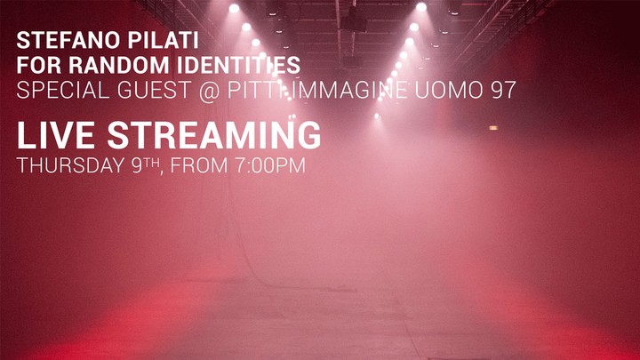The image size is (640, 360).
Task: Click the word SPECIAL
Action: click(63, 90)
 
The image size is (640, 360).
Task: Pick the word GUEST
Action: click(155, 90)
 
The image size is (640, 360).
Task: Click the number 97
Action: click(504, 90)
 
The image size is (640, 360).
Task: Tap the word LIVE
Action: click(56, 135)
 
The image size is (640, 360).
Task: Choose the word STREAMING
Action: click(214, 135)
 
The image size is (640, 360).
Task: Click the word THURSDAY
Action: click(71, 165)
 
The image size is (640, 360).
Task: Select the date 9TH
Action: click(146, 165)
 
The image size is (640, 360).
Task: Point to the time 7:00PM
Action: click(270, 165)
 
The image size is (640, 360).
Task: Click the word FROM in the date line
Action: click(199, 165)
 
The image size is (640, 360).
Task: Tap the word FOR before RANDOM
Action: click(39, 65)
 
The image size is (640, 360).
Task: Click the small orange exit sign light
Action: click(493, 128)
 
